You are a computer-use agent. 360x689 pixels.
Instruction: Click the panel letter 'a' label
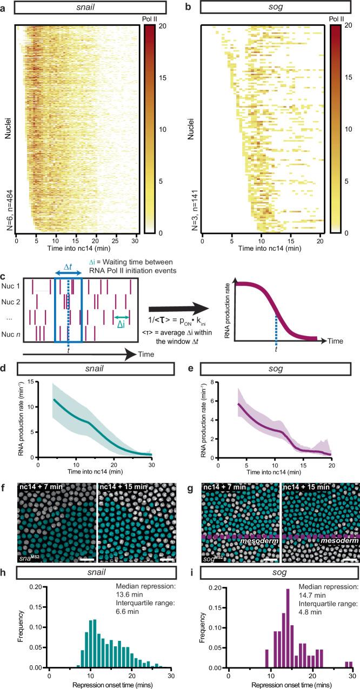4,6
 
